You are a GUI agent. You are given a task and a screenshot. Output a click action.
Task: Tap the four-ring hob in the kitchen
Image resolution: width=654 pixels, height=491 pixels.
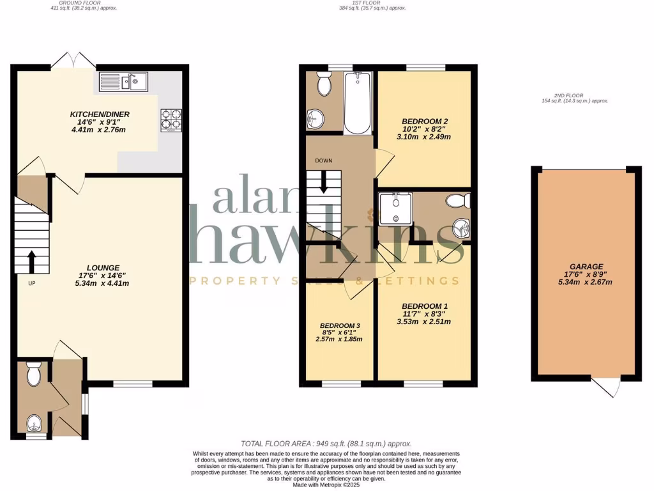click(171, 120)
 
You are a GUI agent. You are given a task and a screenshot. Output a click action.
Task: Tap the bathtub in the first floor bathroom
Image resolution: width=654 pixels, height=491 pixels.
click(356, 102)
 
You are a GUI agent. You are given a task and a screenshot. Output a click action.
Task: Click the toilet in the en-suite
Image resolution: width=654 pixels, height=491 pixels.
click(457, 201)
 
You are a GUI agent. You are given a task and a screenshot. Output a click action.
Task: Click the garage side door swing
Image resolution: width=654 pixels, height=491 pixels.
click(607, 387)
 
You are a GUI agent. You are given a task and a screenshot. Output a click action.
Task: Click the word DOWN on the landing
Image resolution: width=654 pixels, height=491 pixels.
click(323, 160)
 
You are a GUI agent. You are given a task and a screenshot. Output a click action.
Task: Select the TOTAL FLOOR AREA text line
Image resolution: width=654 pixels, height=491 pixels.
click(326, 444)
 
